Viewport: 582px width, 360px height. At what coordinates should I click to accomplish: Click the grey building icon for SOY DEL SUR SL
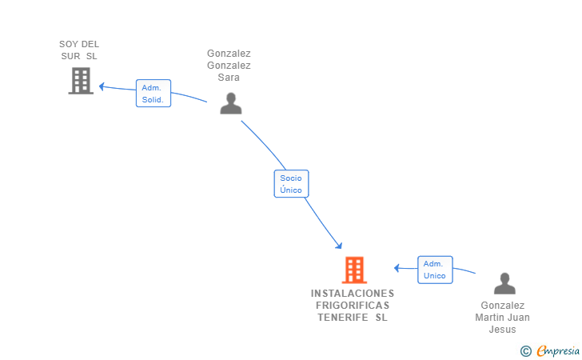pos(81,81)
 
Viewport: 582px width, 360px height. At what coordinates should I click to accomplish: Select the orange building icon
pos(354,270)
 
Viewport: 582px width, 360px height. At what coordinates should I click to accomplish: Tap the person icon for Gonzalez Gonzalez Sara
pos(231,103)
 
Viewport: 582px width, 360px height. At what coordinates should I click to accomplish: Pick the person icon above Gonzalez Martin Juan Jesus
pos(504,283)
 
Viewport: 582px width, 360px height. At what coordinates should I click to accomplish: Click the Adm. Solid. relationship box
pos(153,94)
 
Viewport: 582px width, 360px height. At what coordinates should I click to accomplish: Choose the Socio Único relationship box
pos(291,184)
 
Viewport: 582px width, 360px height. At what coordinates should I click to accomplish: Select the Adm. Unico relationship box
pos(435,270)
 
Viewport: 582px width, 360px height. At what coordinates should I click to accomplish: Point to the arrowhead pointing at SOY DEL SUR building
pos(102,86)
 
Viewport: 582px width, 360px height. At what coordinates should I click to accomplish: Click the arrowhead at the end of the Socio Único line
pos(338,246)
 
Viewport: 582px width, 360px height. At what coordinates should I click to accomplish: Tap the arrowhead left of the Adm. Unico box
pos(397,268)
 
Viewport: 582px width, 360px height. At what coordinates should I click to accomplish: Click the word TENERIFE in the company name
pos(343,318)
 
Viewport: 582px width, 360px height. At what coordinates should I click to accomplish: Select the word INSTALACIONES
pos(353,294)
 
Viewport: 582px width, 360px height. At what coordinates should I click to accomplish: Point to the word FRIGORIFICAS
pos(353,306)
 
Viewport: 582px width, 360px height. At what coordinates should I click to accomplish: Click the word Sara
pos(229,78)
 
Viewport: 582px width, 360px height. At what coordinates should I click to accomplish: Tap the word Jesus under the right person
pos(502,330)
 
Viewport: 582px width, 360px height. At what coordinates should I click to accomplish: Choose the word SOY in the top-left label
pos(69,44)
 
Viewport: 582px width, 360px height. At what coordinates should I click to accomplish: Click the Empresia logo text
pos(558,350)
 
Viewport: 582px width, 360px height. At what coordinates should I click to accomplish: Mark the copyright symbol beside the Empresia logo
pos(526,351)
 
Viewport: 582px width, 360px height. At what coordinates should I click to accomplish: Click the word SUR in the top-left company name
pos(70,56)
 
